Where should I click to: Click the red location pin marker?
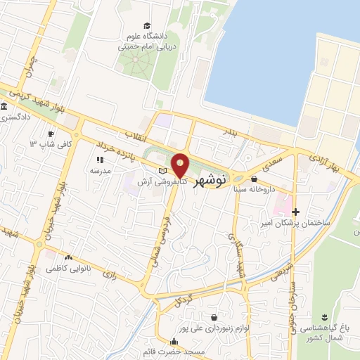coord(181,165)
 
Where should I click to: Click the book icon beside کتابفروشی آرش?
coord(162,171)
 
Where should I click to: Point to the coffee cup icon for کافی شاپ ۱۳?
coord(51,134)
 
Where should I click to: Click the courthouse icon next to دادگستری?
coord(5,107)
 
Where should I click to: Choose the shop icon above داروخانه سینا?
coord(254,179)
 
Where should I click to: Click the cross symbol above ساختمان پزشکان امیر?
coord(295,212)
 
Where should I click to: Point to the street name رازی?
coord(109,271)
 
